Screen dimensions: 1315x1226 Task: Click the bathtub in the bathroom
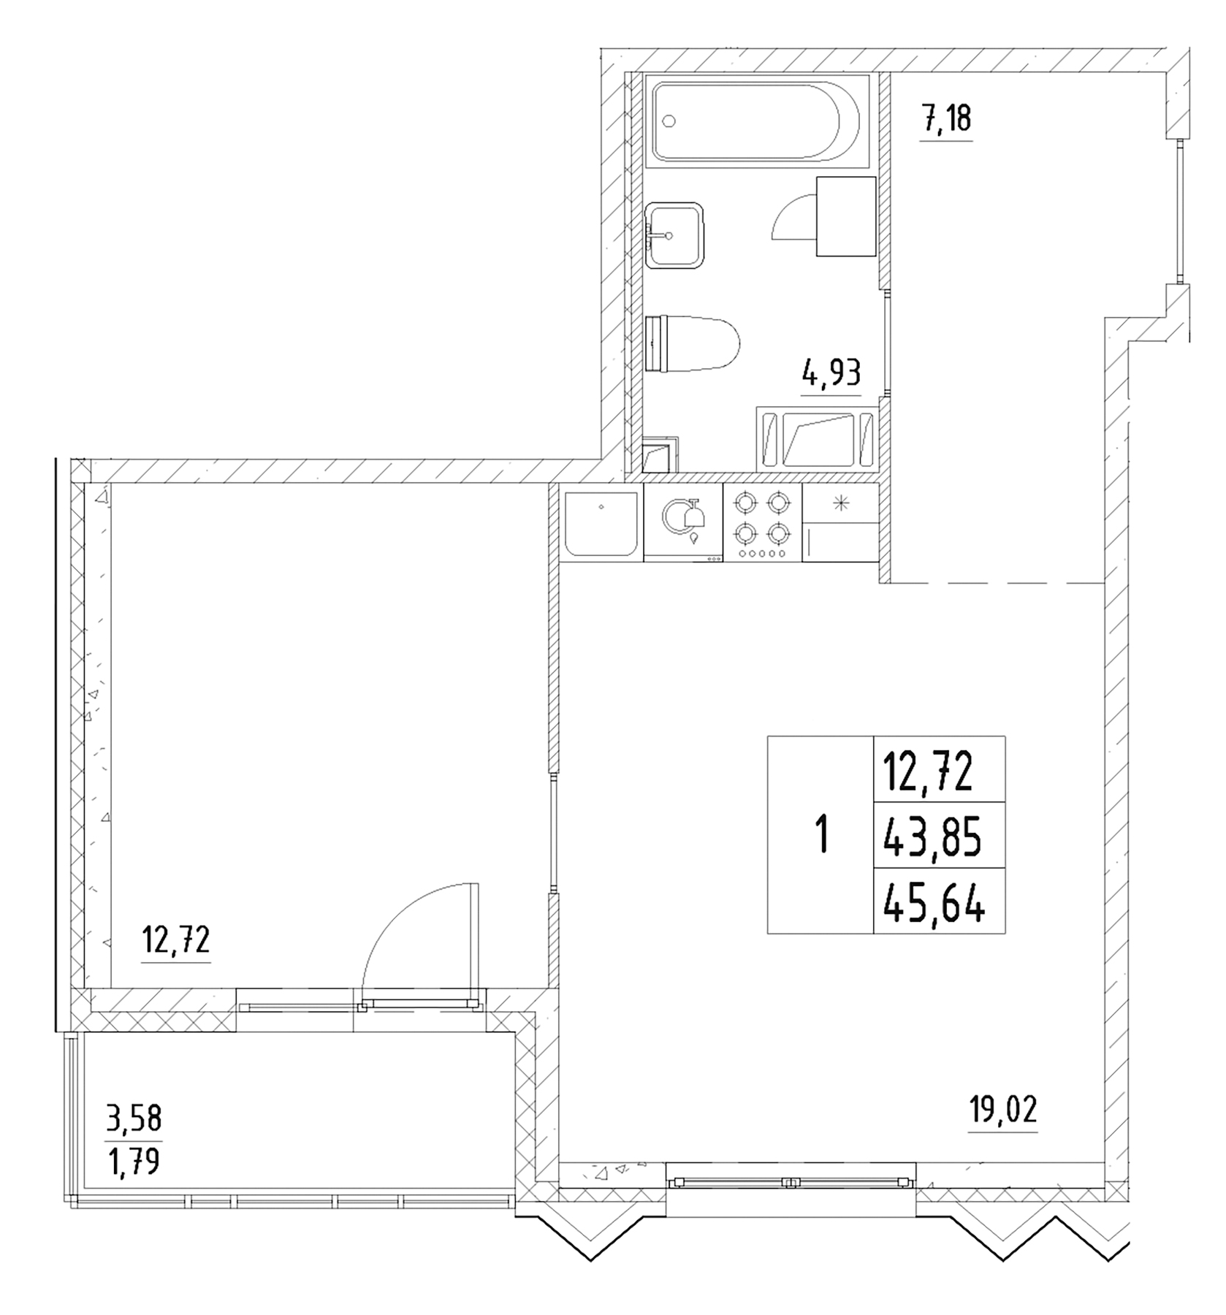(x=756, y=121)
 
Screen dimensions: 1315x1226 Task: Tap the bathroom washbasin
(x=674, y=235)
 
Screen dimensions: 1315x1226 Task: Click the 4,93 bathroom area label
(x=831, y=374)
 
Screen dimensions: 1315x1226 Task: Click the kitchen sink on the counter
(x=601, y=523)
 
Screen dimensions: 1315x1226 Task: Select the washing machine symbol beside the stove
(x=683, y=522)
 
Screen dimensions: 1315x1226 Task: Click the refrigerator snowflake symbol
(x=841, y=503)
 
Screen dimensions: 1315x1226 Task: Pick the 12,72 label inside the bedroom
(x=176, y=940)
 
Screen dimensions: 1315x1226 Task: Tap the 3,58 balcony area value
(x=134, y=1118)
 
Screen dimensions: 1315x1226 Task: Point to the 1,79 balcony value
(x=134, y=1161)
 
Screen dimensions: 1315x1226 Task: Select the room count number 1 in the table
(x=821, y=835)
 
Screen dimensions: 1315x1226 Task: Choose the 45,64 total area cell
(x=934, y=905)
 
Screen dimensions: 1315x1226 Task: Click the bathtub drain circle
(x=669, y=122)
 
